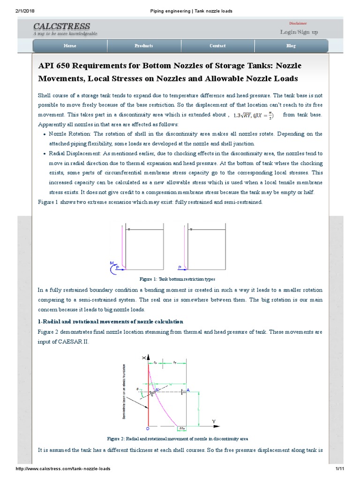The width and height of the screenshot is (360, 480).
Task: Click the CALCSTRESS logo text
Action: [61, 26]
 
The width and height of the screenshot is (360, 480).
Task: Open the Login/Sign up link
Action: [299, 32]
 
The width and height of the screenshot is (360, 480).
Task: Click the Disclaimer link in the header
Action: [298, 23]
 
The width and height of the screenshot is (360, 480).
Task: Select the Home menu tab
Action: [70, 46]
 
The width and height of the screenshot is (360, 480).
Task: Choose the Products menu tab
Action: [144, 46]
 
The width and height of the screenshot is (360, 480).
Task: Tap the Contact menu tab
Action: [217, 46]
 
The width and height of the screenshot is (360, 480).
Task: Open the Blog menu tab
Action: [291, 46]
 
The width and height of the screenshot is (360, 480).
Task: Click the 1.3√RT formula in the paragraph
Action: [243, 115]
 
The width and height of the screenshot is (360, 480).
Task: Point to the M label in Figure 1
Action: [112, 263]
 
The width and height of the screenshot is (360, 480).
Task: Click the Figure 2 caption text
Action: [178, 438]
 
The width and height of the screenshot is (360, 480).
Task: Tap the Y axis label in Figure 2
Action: [214, 421]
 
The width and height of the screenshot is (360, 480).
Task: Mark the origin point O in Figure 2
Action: [148, 428]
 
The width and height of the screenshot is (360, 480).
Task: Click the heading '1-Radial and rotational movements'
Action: [110, 321]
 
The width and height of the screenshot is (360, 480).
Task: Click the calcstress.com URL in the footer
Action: [63, 469]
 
